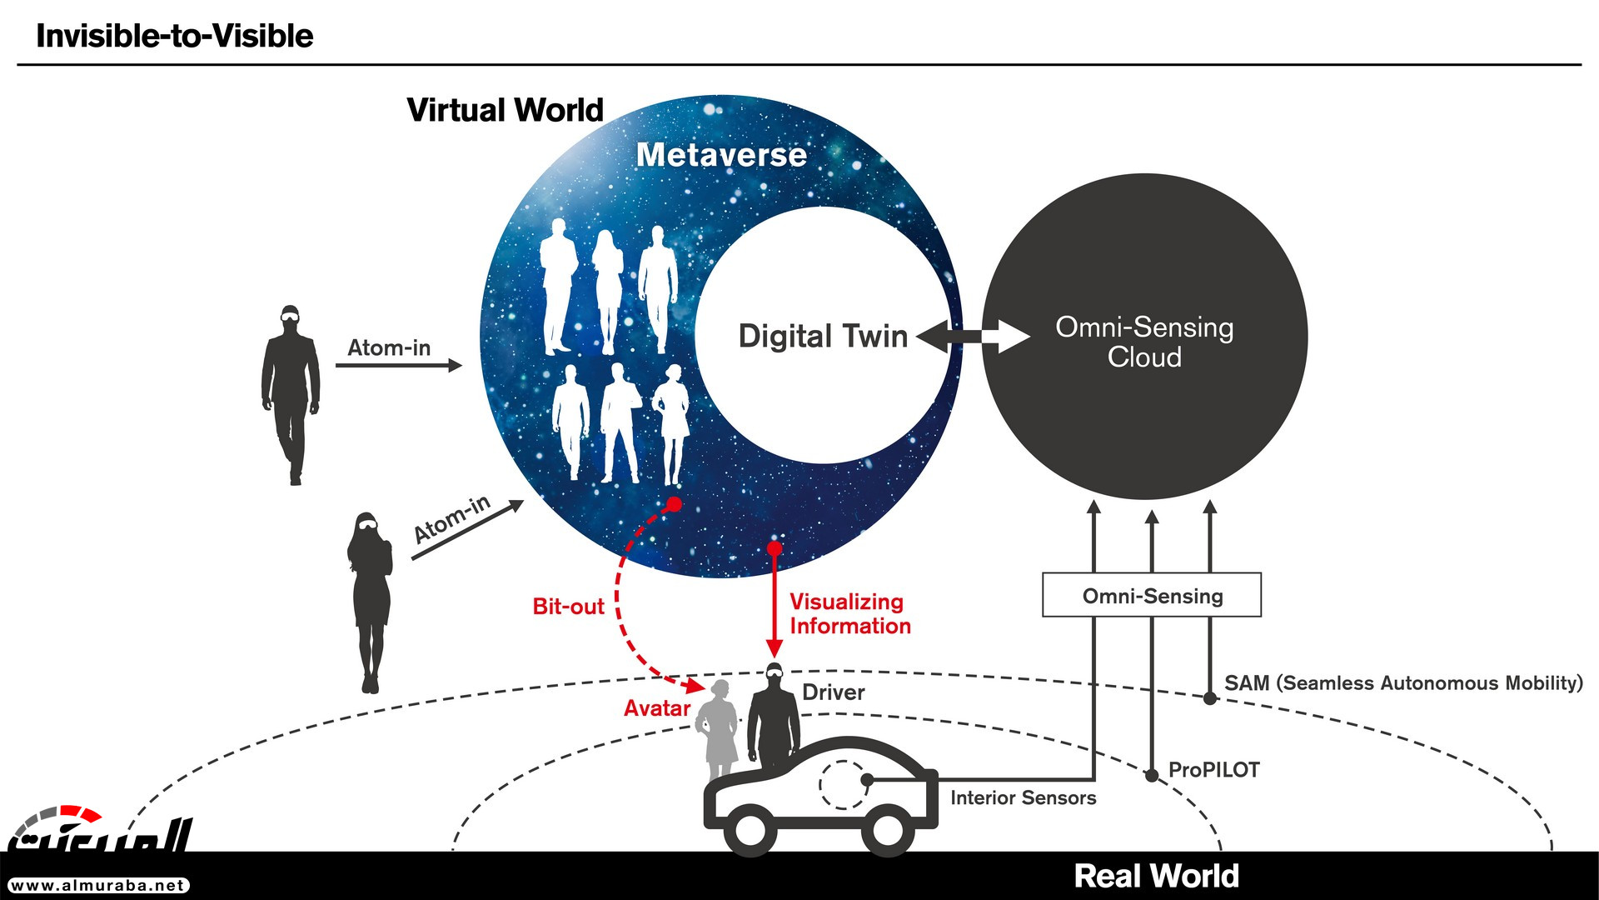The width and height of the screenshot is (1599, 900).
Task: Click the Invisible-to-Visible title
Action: pyautogui.click(x=175, y=36)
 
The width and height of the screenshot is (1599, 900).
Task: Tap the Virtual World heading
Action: pyautogui.click(x=505, y=110)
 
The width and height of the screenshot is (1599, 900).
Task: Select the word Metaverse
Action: pyautogui.click(x=721, y=155)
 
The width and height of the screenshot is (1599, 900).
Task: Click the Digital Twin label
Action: pyautogui.click(x=823, y=336)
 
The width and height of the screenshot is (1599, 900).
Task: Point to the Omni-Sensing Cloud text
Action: pyautogui.click(x=1144, y=342)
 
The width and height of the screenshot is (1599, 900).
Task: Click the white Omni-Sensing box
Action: pyautogui.click(x=1152, y=595)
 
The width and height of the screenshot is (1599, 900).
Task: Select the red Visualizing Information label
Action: pyautogui.click(x=849, y=614)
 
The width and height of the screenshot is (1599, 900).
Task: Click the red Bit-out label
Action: pyautogui.click(x=568, y=606)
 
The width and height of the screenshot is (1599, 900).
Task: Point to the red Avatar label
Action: pyautogui.click(x=657, y=708)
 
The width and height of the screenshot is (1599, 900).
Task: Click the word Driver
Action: pyautogui.click(x=833, y=692)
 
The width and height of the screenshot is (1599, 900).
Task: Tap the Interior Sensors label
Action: pyautogui.click(x=1023, y=797)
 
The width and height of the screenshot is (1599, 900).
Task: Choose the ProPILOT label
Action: pyautogui.click(x=1213, y=770)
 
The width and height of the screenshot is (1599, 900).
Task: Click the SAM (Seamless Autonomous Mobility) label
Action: pyautogui.click(x=1403, y=683)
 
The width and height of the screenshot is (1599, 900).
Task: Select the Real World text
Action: pyautogui.click(x=1156, y=877)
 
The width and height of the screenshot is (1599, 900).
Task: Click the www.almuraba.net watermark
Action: pyautogui.click(x=98, y=886)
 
